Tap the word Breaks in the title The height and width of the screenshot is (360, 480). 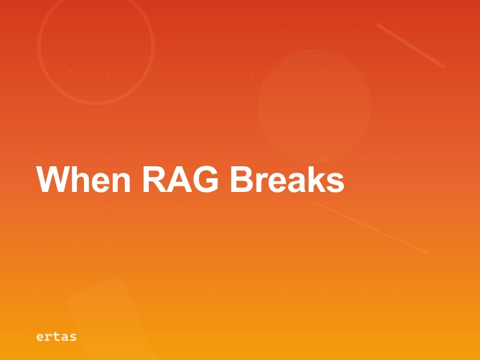tap(287, 179)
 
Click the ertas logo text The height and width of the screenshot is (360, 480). tap(56, 337)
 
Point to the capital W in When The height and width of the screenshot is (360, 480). tap(50, 179)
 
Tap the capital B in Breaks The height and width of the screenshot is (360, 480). tap(242, 179)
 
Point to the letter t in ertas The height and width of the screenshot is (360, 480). tap(56, 337)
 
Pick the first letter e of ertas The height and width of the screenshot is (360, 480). tap(40, 337)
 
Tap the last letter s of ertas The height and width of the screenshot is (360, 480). tap(73, 337)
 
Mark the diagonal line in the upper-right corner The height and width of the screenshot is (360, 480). tap(410, 46)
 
